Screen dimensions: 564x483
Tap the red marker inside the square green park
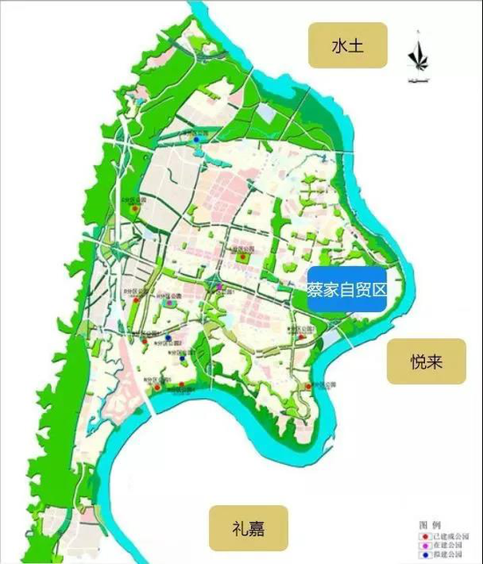coord(240,256)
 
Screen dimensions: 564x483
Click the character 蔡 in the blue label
coord(314,287)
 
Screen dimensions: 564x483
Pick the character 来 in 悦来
coord(436,362)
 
